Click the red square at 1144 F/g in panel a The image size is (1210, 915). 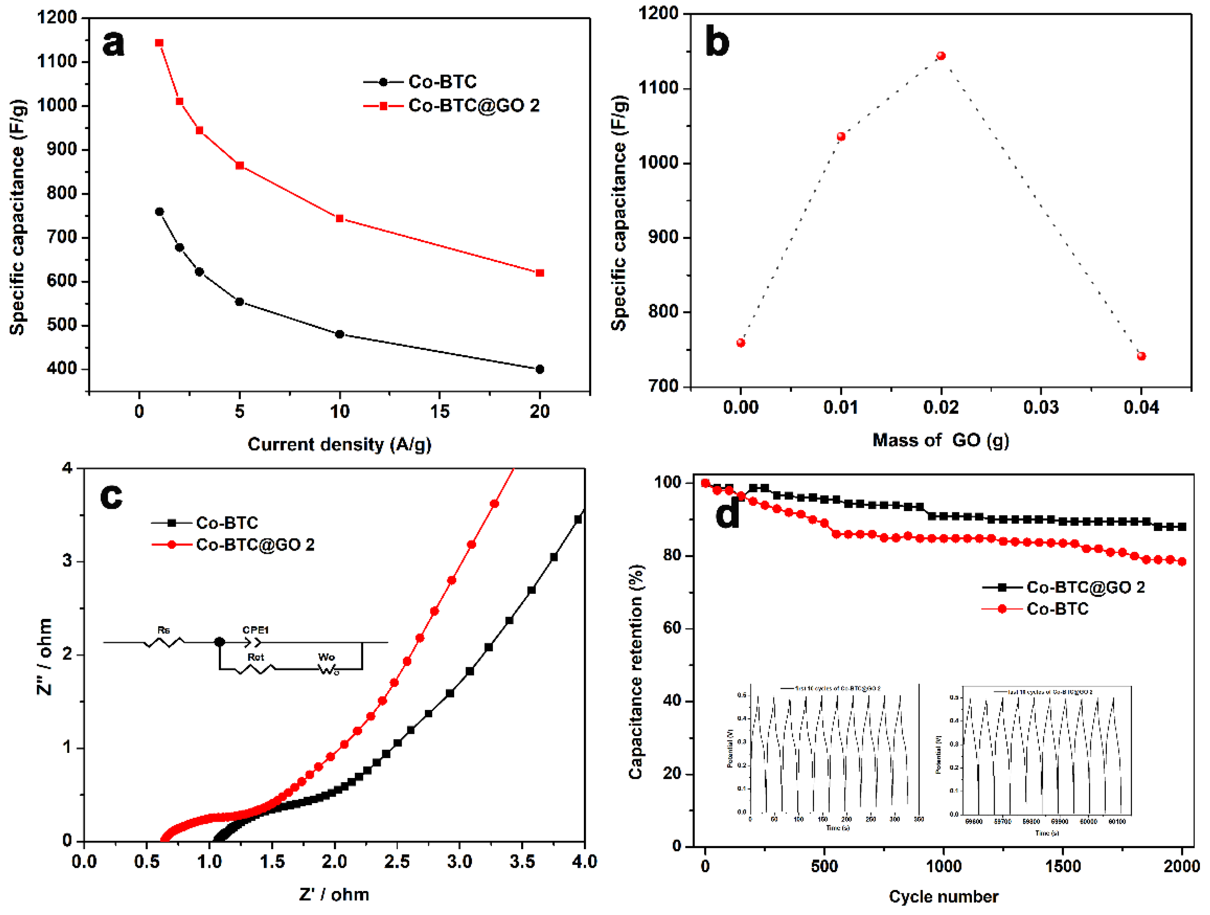159,43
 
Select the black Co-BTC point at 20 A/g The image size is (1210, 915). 539,370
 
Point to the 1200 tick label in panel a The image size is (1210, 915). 57,18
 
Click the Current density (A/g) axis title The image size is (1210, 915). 339,444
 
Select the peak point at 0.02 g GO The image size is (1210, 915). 941,56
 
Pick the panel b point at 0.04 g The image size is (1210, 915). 1141,356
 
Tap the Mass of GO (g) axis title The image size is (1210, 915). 940,440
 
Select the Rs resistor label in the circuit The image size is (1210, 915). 163,630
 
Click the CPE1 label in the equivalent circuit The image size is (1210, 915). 256,630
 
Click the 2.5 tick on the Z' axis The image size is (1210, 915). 397,862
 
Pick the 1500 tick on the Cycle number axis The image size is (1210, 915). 1062,867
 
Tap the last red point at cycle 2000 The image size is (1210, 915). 1181,562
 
